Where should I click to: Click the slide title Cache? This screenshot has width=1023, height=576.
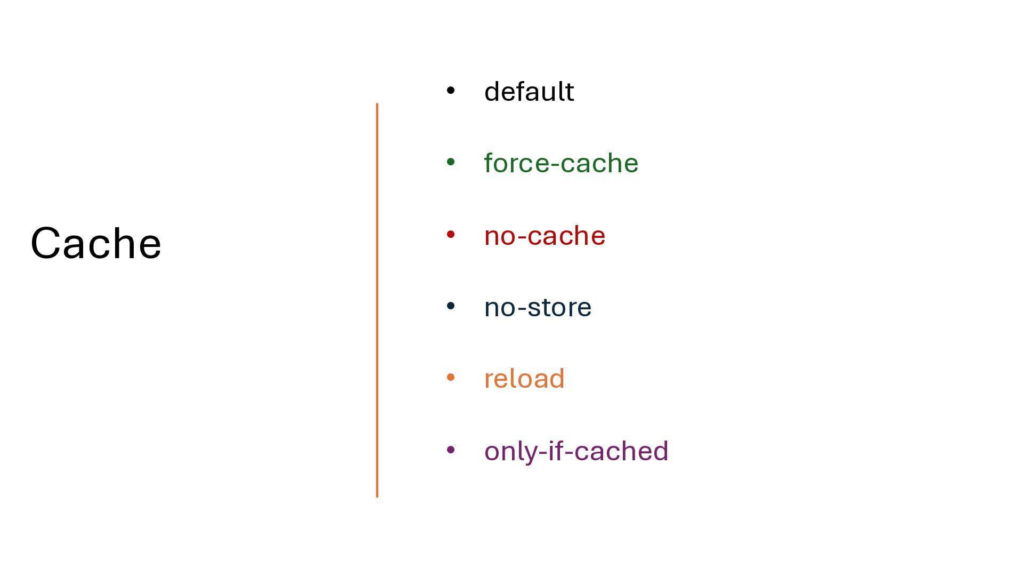point(96,243)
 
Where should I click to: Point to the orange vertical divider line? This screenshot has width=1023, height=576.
point(377,300)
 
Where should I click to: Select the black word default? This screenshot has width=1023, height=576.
point(529,91)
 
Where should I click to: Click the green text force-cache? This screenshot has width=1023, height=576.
point(561,163)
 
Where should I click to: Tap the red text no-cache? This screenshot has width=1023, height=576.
point(545,236)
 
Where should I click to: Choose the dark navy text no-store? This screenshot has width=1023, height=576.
point(538,307)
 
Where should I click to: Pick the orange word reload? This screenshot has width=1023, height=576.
point(524,379)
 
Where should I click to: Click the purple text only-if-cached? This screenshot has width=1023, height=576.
point(576,451)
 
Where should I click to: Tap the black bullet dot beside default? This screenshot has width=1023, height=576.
point(451,91)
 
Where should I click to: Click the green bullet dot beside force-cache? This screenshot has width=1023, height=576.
point(451,162)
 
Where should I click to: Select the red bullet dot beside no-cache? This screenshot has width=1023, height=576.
point(451,234)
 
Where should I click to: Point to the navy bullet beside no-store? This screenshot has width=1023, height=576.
point(451,306)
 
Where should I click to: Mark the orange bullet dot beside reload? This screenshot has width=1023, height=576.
point(451,378)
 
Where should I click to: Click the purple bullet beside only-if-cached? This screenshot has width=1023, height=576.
point(451,450)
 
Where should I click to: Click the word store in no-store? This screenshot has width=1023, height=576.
point(559,308)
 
